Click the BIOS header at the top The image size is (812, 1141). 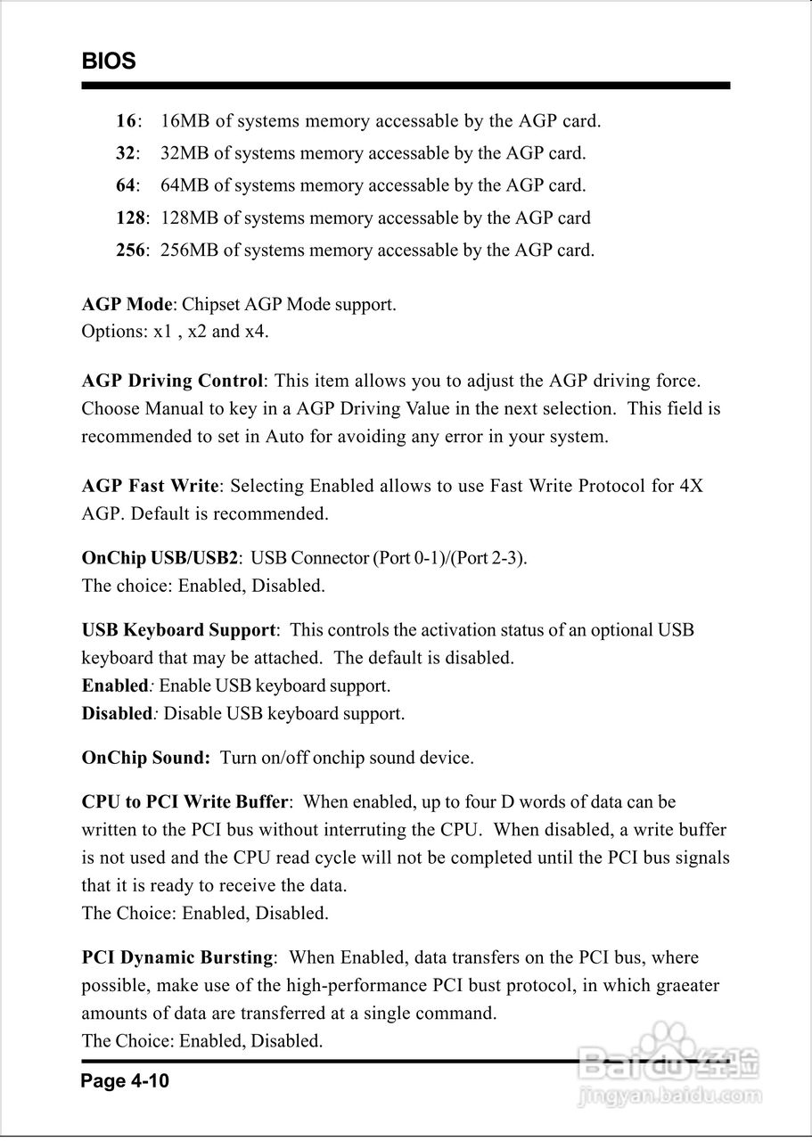[x=109, y=62]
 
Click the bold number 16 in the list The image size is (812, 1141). [x=126, y=120]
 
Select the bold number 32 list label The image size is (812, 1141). [x=126, y=153]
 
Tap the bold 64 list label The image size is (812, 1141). [x=126, y=185]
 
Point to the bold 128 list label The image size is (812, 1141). [x=130, y=218]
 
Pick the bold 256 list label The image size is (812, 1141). [x=130, y=250]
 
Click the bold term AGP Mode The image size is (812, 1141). [x=127, y=304]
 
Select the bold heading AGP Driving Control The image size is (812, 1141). [x=172, y=381]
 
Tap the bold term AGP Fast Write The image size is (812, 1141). [x=150, y=486]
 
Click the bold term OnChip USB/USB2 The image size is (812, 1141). [x=160, y=559]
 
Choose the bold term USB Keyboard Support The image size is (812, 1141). [x=178, y=630]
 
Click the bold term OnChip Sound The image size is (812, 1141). [x=144, y=758]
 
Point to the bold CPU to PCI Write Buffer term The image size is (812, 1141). [x=185, y=802]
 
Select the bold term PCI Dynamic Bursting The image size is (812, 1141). [x=176, y=957]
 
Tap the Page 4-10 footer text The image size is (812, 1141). [x=125, y=1081]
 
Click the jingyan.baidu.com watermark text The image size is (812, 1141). [x=669, y=1095]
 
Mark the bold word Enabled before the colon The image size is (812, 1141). [x=114, y=685]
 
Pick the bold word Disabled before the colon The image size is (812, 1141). [x=117, y=713]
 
